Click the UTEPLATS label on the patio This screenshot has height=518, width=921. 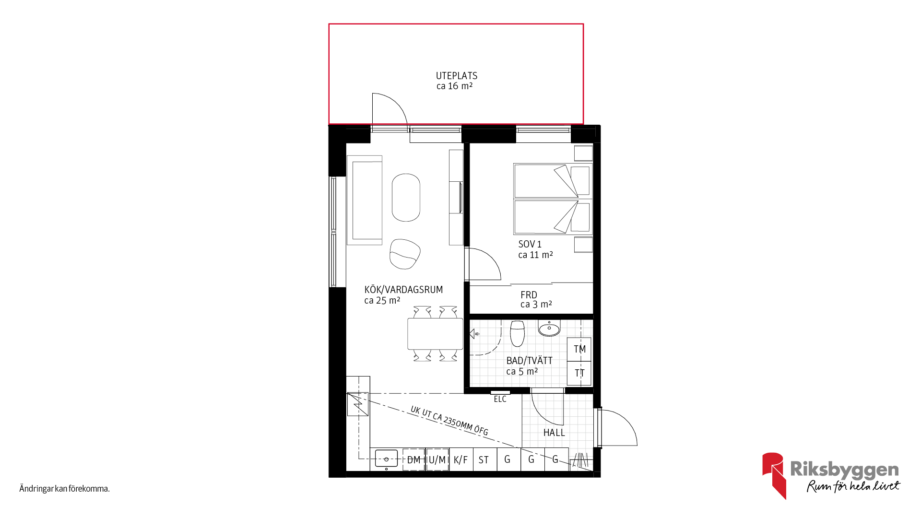tap(456, 76)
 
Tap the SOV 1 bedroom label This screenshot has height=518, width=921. tap(530, 244)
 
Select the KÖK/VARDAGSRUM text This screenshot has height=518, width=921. tap(403, 290)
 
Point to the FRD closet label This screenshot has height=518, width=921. tap(529, 295)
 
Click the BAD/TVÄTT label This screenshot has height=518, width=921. tap(529, 361)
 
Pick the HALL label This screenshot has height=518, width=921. tap(554, 433)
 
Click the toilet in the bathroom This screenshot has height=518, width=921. tap(517, 333)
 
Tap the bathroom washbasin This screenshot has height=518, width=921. tap(549, 328)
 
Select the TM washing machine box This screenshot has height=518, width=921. tap(579, 349)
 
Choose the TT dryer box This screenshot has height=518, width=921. tap(579, 373)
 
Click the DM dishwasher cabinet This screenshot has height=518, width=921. tap(413, 459)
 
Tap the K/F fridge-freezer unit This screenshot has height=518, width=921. tap(461, 459)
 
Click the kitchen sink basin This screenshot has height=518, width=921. tap(386, 459)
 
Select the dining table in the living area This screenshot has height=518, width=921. tap(435, 334)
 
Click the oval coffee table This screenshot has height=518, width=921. tap(406, 198)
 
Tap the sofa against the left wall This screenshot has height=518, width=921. tap(365, 200)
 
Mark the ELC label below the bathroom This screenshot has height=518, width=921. tap(500, 399)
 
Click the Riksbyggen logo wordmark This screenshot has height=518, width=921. tap(844, 470)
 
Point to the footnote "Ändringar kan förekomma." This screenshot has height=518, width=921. tap(65, 489)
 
